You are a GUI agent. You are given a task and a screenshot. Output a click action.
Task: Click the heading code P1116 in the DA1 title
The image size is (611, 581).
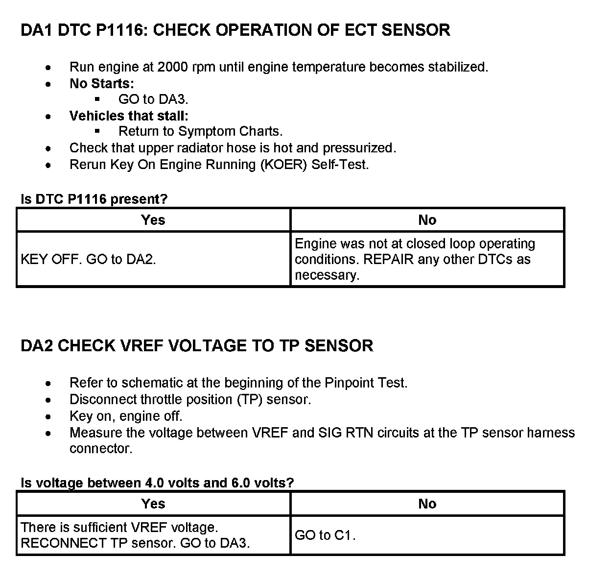(x=121, y=30)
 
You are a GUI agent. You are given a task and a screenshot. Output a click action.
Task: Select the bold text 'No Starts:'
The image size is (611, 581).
(x=101, y=84)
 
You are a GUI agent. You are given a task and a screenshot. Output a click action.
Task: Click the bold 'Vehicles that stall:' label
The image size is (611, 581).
(x=129, y=116)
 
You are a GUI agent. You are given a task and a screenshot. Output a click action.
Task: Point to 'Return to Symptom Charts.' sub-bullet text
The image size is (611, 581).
(x=200, y=132)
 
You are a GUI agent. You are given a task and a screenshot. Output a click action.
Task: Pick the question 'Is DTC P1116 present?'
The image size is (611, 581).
(x=94, y=199)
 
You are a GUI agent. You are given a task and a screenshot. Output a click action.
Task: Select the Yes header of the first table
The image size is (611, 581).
(x=153, y=220)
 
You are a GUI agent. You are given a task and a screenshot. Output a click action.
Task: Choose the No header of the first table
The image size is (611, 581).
(x=427, y=220)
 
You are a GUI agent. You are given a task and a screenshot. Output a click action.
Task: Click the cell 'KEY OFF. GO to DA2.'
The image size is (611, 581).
(x=89, y=259)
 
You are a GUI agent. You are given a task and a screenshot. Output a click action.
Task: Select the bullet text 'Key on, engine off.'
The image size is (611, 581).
(x=126, y=416)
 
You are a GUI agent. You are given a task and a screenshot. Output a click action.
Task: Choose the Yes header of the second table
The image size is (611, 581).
(x=153, y=504)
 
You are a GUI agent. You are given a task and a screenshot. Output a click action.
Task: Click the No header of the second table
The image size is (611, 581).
(x=427, y=504)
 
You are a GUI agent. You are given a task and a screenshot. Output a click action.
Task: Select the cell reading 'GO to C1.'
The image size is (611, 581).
(x=325, y=535)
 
